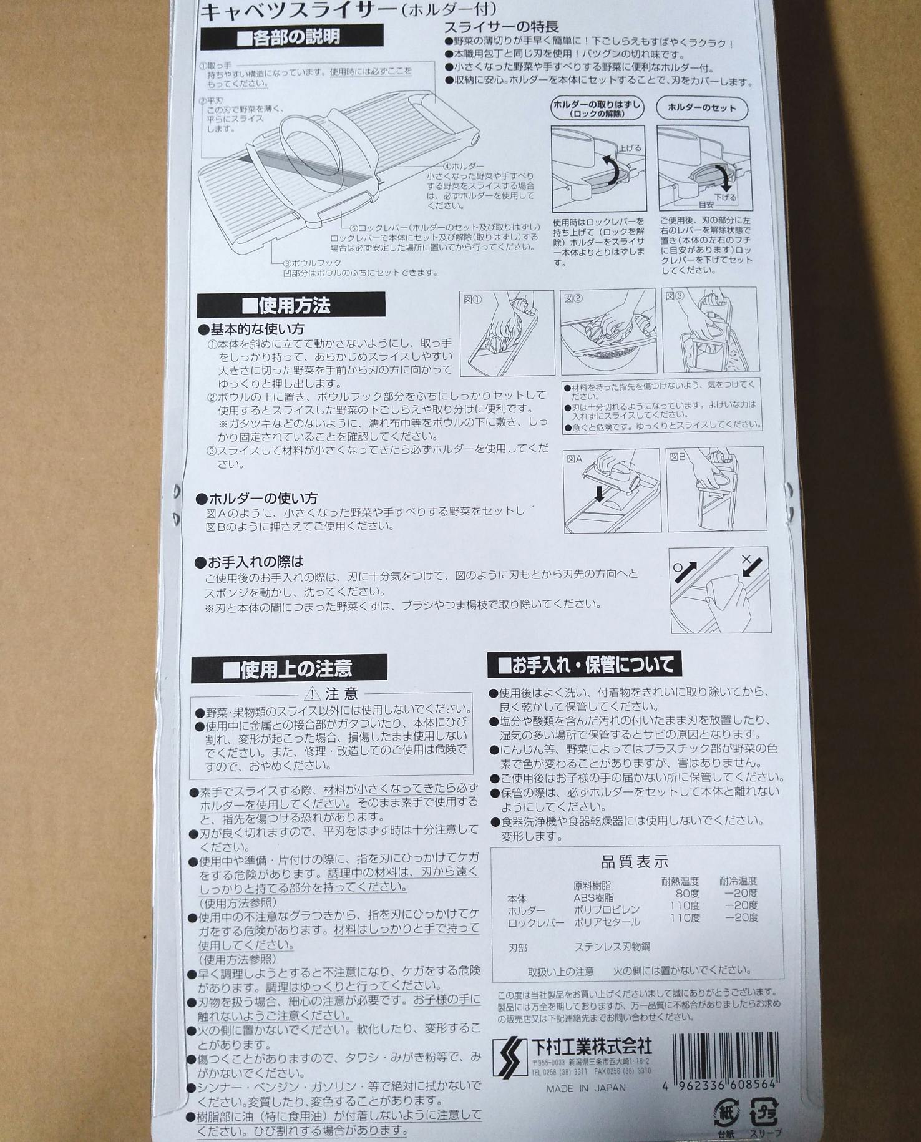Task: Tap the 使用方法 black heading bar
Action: coord(291,305)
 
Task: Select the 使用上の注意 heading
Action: coord(289,669)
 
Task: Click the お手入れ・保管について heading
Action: coord(585,665)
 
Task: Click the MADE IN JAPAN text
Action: coord(586,1088)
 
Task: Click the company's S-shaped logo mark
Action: coord(509,1057)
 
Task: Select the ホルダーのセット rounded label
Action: coord(702,108)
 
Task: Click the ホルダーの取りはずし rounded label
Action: coord(597,109)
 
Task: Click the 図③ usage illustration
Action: coord(709,330)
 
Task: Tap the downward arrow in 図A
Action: coord(600,494)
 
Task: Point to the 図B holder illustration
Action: coord(717,489)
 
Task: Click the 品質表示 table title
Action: coord(635,862)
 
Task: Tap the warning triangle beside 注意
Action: coord(312,694)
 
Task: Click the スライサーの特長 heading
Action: coord(501,27)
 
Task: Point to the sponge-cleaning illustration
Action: coord(720,590)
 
